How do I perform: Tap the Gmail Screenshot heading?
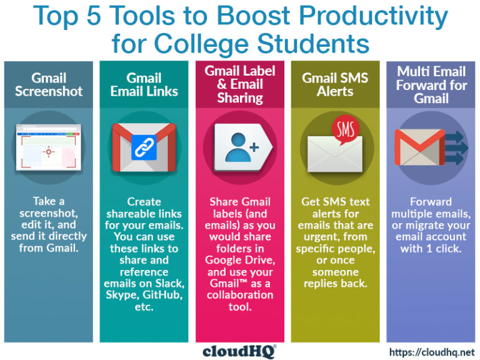(x=49, y=84)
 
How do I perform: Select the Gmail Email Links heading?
(x=144, y=84)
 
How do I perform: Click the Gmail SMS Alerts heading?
(x=335, y=84)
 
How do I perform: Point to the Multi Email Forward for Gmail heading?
(x=431, y=84)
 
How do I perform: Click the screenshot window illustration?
(x=49, y=147)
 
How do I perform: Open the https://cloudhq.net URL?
(x=432, y=352)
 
